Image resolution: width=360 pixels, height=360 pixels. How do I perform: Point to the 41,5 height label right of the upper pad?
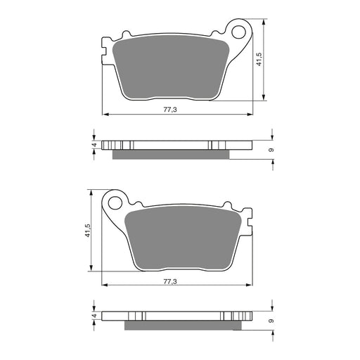pyautogui.click(x=259, y=59)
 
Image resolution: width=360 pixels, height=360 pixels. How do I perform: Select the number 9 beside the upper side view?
pyautogui.click(x=271, y=150)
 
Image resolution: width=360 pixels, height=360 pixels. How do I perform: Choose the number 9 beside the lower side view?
pyautogui.click(x=271, y=321)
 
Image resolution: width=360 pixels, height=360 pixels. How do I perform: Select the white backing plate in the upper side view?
pyautogui.click(x=176, y=146)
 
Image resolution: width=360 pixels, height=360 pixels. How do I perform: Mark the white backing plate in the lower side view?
pyautogui.click(x=176, y=316)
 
